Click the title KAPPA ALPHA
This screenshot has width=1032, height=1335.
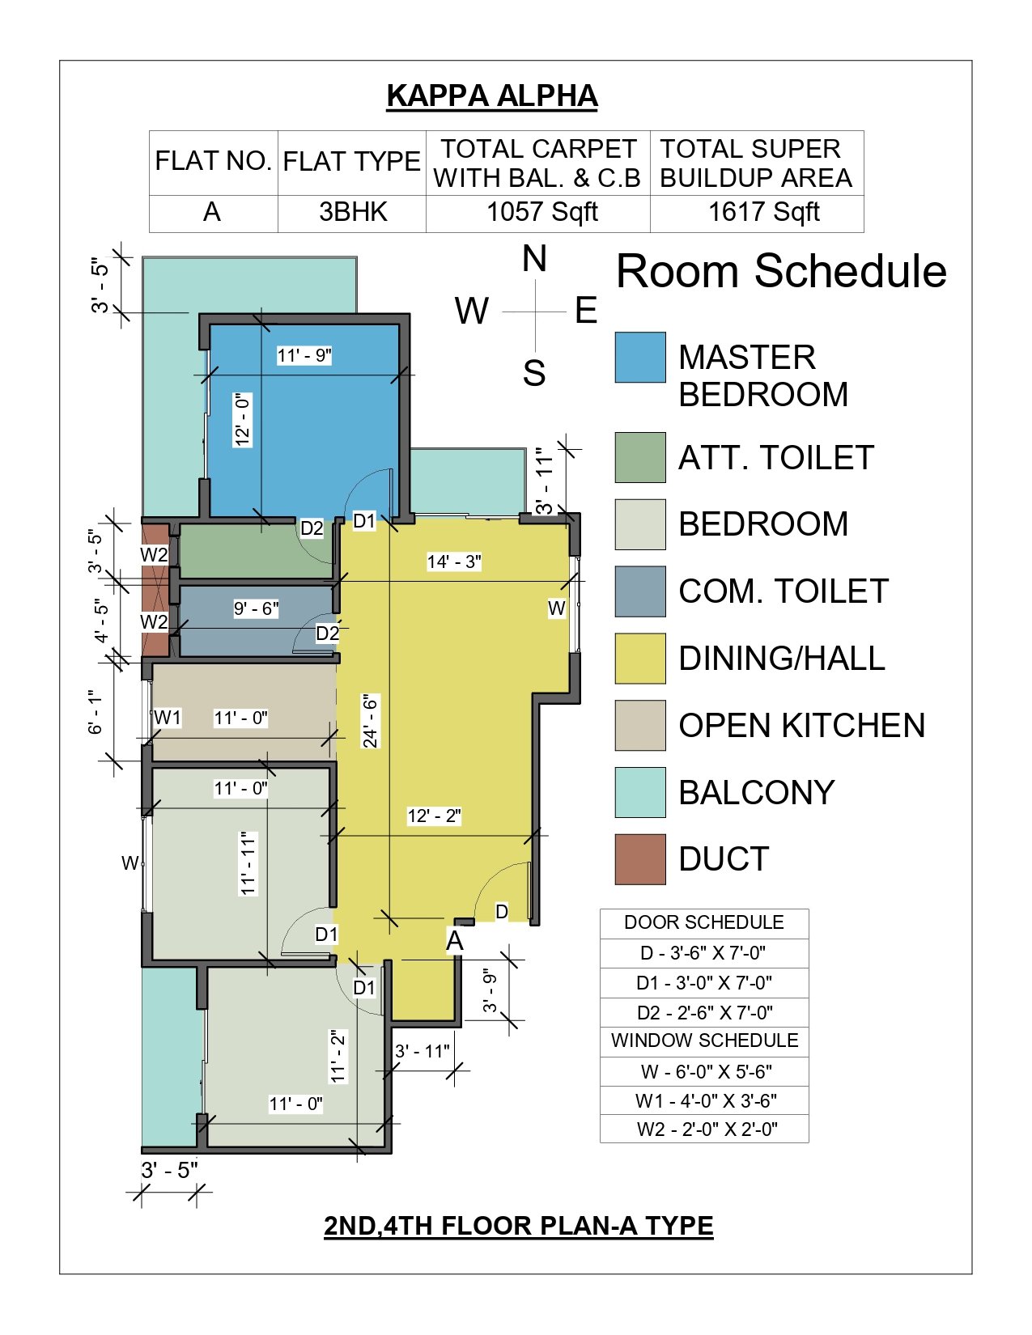pyautogui.click(x=492, y=95)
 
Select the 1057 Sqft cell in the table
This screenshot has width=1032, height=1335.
pyautogui.click(x=541, y=212)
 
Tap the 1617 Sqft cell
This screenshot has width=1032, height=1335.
pyautogui.click(x=763, y=212)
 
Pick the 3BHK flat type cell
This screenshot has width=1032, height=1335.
pyautogui.click(x=353, y=212)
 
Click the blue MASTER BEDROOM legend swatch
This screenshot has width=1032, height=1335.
pyautogui.click(x=640, y=358)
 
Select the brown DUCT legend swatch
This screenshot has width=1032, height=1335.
pyautogui.click(x=640, y=859)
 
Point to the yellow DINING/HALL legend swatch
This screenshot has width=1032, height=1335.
pyautogui.click(x=640, y=658)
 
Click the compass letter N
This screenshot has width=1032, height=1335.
pyautogui.click(x=534, y=259)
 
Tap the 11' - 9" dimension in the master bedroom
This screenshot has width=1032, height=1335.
pyautogui.click(x=304, y=355)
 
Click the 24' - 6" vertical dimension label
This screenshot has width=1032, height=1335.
pyautogui.click(x=370, y=721)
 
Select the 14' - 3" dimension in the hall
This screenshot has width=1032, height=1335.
pyautogui.click(x=454, y=562)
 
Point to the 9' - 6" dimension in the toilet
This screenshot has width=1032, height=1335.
pyautogui.click(x=257, y=608)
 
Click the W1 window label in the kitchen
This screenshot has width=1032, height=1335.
pyautogui.click(x=168, y=718)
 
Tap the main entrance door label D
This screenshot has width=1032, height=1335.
pyautogui.click(x=502, y=911)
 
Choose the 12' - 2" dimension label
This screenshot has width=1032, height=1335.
pyautogui.click(x=435, y=816)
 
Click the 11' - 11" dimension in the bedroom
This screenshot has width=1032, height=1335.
pyautogui.click(x=248, y=863)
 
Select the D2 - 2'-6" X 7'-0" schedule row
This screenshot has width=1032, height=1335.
pyautogui.click(x=704, y=1012)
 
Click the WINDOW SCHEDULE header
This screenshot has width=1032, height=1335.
pyautogui.click(x=704, y=1040)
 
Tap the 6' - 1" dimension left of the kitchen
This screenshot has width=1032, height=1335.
pyautogui.click(x=96, y=711)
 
